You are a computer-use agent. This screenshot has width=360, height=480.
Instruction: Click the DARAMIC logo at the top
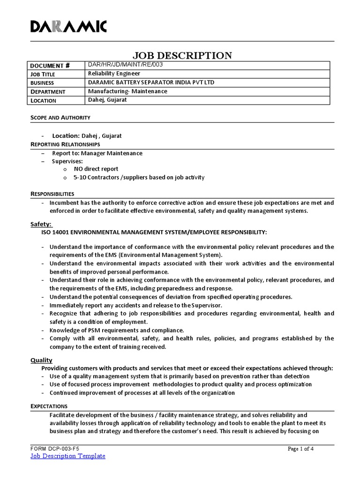click(69, 27)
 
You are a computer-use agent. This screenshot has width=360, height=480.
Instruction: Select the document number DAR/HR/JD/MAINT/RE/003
click(125, 65)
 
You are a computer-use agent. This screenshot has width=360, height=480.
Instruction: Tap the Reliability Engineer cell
click(114, 74)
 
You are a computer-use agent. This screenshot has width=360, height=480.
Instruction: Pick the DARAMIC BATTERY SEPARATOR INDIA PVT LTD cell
click(151, 82)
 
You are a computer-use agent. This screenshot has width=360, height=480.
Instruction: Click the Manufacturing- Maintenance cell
click(127, 91)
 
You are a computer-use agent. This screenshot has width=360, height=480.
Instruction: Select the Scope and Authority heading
click(60, 118)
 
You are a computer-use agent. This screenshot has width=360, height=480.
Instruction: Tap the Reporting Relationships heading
click(65, 144)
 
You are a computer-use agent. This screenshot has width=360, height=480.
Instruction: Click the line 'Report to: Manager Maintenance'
click(97, 153)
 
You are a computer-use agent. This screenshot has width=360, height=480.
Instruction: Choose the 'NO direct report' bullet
click(96, 169)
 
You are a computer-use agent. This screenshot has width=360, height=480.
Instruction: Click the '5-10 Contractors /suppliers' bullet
click(139, 178)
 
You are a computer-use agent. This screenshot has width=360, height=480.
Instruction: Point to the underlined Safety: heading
click(41, 224)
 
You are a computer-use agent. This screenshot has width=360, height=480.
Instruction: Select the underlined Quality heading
click(41, 360)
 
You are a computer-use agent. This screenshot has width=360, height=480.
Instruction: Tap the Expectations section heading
click(49, 406)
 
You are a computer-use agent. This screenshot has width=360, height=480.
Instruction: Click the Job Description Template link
click(68, 456)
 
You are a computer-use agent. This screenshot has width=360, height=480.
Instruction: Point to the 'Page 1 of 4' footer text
click(300, 449)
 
